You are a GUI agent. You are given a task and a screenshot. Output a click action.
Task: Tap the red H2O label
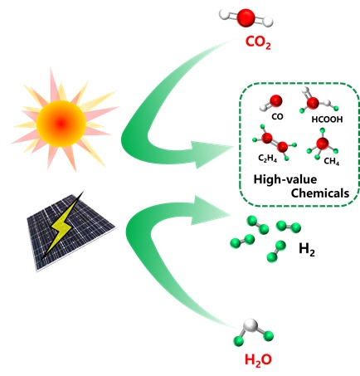coord(258,360)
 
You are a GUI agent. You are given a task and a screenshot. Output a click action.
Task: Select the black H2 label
coord(307,250)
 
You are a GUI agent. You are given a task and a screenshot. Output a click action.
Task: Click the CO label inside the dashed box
coord(277,117)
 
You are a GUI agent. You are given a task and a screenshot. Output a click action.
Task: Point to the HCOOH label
coord(327,120)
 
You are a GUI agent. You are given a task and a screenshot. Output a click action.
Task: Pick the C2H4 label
coord(267,159)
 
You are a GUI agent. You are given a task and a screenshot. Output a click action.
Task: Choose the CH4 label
coord(332,161)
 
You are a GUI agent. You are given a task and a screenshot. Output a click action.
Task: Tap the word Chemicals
coord(320,193)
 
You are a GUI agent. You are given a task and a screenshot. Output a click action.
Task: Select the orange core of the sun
coord(61,123)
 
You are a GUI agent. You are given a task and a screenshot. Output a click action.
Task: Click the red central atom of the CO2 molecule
coord(246,18)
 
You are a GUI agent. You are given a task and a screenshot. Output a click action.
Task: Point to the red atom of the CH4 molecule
coord(322,144)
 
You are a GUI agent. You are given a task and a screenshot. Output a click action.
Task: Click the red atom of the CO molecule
coord(276,100)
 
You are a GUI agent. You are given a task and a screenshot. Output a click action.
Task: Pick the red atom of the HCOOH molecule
coord(313,103)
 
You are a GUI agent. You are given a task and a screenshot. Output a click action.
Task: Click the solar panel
coord(71,232)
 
